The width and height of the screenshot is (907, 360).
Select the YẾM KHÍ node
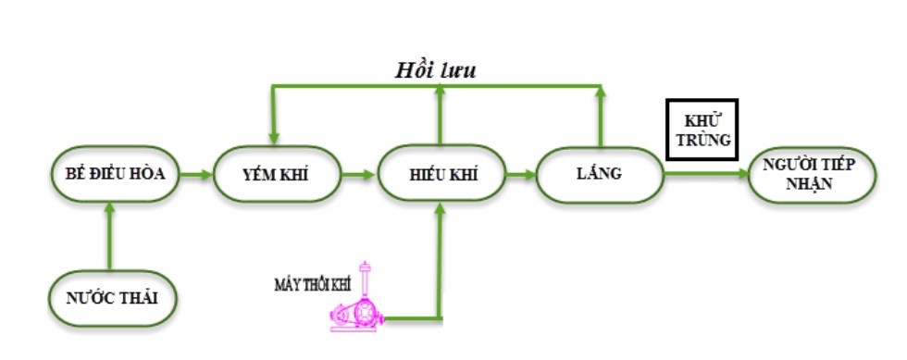click(274, 174)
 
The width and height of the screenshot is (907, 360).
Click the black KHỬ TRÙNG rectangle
click(701, 130)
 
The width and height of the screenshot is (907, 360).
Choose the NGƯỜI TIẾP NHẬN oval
click(809, 174)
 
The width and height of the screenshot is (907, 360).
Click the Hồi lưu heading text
click(435, 70)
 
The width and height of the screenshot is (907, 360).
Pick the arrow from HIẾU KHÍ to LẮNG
click(521, 173)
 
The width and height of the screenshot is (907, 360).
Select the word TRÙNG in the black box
click(701, 141)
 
